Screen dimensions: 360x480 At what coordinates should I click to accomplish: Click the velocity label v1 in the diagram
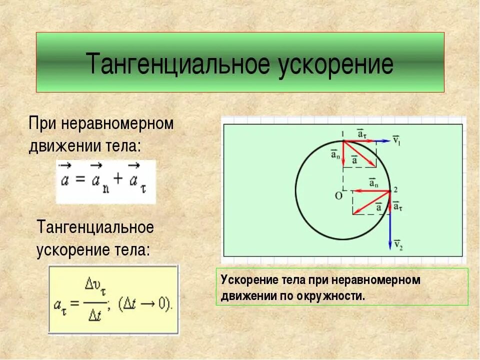tap(396, 139)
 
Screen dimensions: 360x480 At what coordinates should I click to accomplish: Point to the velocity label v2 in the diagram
tap(398, 244)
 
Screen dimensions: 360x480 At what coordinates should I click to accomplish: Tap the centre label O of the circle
tap(338, 195)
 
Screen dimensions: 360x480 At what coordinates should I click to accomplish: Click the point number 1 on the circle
tap(343, 133)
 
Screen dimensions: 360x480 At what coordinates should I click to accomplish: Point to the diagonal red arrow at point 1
tap(360, 154)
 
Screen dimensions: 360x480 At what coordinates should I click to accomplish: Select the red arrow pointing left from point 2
tap(370, 191)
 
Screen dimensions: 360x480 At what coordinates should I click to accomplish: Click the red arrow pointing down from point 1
tap(343, 152)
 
